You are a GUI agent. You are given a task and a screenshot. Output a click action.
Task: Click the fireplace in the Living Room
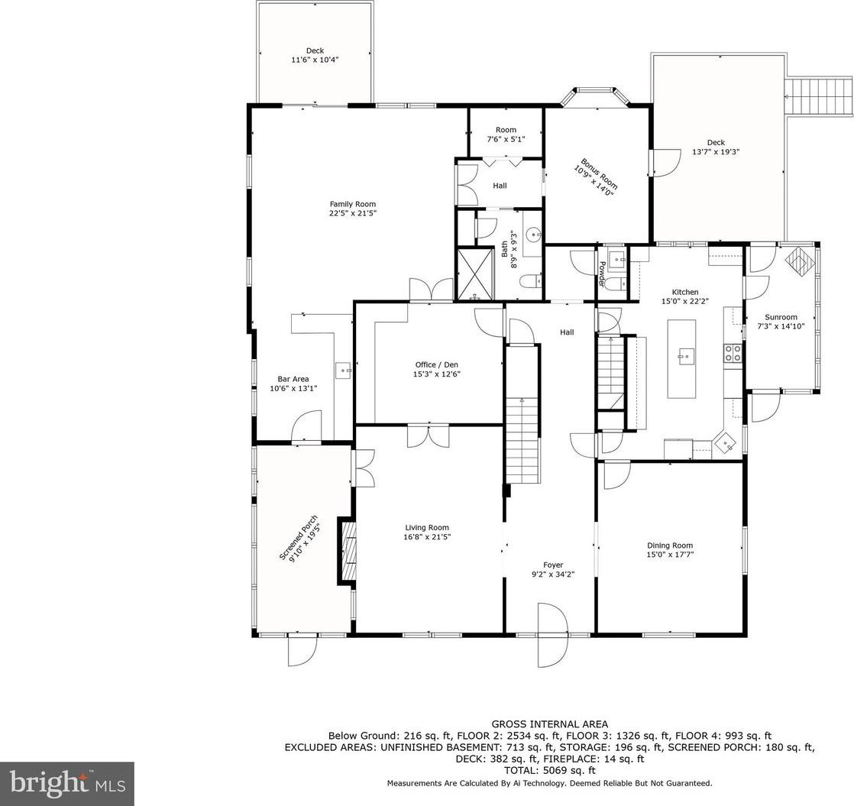[348, 551]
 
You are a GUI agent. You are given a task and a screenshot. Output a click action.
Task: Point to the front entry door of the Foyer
[552, 635]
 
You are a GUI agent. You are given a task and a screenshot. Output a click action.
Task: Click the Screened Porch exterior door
[302, 649]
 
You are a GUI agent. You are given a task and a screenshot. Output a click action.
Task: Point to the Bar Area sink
[345, 371]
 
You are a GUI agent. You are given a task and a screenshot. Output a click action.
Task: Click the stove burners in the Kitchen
[732, 354]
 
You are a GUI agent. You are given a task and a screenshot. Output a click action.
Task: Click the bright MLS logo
[67, 784]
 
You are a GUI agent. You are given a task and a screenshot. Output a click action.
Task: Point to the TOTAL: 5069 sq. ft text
[549, 771]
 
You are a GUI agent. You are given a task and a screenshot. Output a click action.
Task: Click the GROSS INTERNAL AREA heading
[549, 724]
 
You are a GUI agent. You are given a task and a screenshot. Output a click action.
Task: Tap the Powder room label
[602, 274]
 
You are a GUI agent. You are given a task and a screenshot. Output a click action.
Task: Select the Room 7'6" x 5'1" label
[506, 134]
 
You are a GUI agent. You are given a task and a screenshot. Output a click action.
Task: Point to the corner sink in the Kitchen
[726, 442]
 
